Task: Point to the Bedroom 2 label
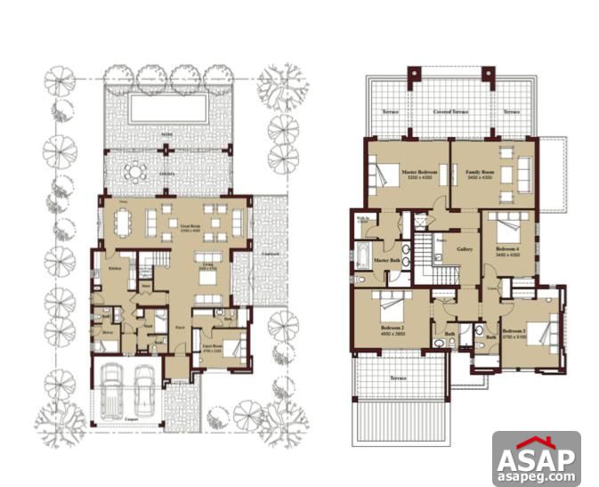click(x=393, y=327)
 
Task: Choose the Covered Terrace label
click(x=450, y=113)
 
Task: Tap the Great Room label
click(x=188, y=226)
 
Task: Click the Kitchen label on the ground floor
click(x=115, y=268)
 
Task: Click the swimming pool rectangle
click(x=168, y=109)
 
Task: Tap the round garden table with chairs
click(x=135, y=171)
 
